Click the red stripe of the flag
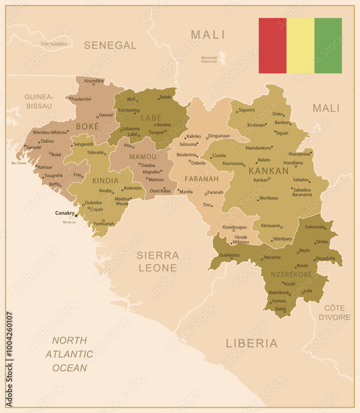(272, 45)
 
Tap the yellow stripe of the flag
(300, 45)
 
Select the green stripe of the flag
(328, 45)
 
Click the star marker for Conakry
(76, 216)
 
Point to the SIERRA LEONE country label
(158, 261)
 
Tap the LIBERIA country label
(252, 343)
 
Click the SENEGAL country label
(110, 45)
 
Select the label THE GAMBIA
(54, 44)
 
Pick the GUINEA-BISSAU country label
(39, 102)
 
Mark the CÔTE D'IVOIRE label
(337, 313)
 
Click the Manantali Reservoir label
(209, 59)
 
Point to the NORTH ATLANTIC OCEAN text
(69, 354)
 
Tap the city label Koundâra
(94, 81)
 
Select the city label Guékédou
(229, 255)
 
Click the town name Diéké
(280, 309)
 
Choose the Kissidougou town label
(234, 227)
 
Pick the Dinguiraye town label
(219, 136)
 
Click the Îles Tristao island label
(19, 163)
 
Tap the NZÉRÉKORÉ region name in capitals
(291, 274)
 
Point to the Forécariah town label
(104, 224)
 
